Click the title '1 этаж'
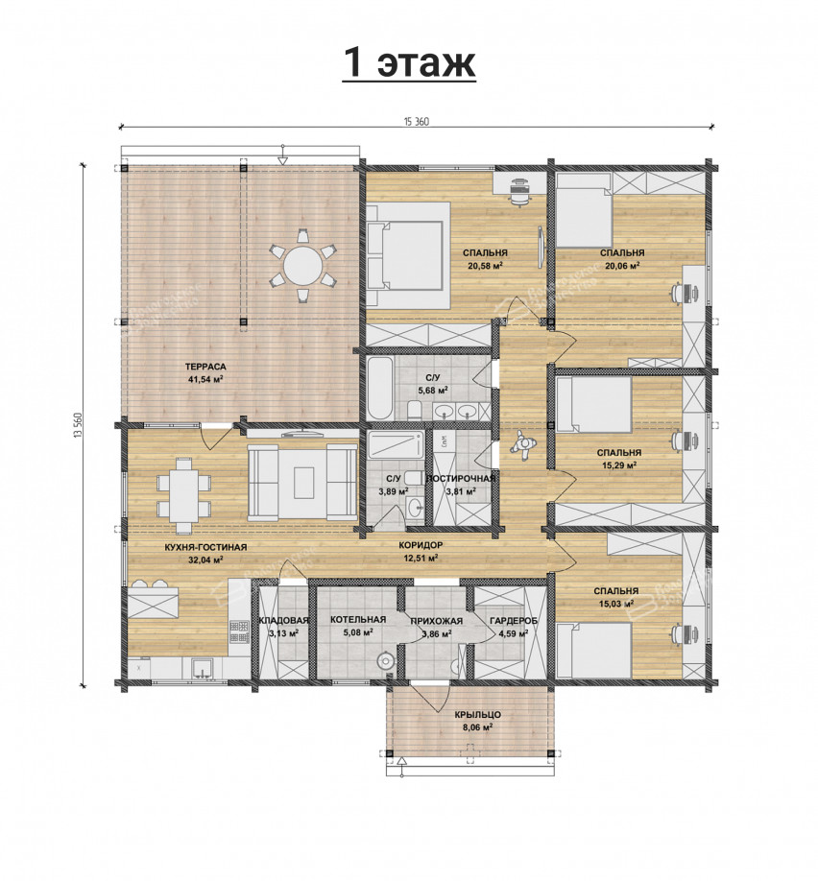409,62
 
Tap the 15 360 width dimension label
417,122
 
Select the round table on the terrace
303,265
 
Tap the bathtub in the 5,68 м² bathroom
379,388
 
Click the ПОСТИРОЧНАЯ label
461,478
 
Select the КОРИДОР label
421,545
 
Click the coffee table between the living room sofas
303,482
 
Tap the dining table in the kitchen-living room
183,495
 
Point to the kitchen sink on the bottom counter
203,669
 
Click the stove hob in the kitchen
239,631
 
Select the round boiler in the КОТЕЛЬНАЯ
386,659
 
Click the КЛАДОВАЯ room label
283,620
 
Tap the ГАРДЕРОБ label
514,621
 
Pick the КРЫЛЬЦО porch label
478,715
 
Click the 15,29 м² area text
618,465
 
